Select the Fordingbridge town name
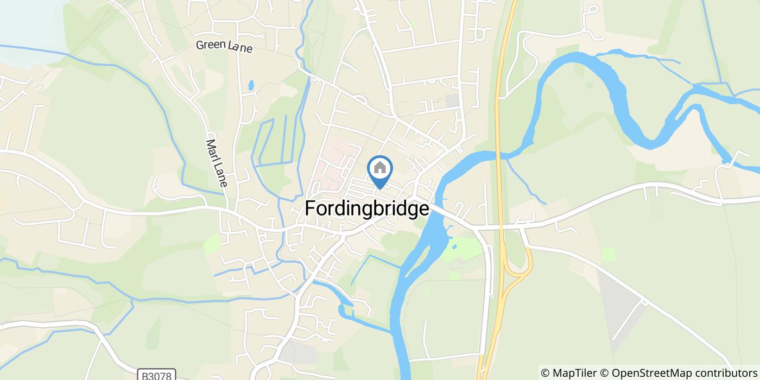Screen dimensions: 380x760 coord(367,208)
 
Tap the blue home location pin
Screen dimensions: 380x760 coord(380,170)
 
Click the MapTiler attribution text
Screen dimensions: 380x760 coord(568,373)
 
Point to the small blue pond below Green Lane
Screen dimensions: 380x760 coord(250,85)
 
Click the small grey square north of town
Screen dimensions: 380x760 coord(452,100)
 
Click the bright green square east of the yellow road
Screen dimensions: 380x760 coord(609,254)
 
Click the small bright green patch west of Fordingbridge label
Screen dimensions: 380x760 coord(211,244)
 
